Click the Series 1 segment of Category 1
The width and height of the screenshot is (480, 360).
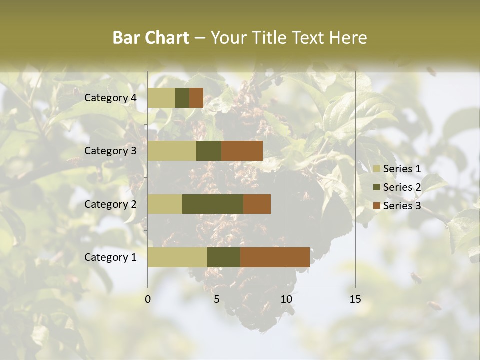pos(177,257)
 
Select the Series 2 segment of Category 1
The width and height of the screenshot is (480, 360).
pos(224,257)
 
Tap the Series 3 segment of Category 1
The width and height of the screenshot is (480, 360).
pos(275,257)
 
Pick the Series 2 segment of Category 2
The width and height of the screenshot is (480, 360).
pos(213,204)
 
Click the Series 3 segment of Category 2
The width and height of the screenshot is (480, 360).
pos(257,204)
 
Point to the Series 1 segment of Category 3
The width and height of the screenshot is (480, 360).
pos(172,151)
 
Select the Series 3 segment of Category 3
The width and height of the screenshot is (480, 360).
pos(242,151)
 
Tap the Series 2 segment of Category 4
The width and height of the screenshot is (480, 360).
pos(182,98)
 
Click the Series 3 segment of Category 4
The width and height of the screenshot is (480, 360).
pos(196,98)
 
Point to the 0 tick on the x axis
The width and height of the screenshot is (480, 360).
pos(148,299)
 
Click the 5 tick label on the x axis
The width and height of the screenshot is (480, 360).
pos(217,299)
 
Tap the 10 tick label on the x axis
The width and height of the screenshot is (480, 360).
pos(286,299)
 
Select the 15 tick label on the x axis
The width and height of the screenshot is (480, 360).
pos(355,299)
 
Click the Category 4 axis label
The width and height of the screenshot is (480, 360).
pos(110,98)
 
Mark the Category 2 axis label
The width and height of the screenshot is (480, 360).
pos(110,204)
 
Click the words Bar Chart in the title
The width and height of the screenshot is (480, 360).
pos(151,38)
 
